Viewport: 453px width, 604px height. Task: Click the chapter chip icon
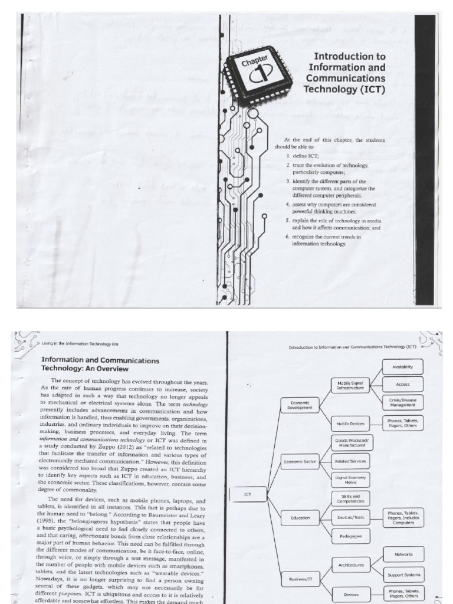249,75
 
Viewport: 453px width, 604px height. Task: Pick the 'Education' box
300,518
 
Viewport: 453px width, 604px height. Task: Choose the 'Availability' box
402,367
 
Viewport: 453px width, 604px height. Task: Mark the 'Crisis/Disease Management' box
402,402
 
